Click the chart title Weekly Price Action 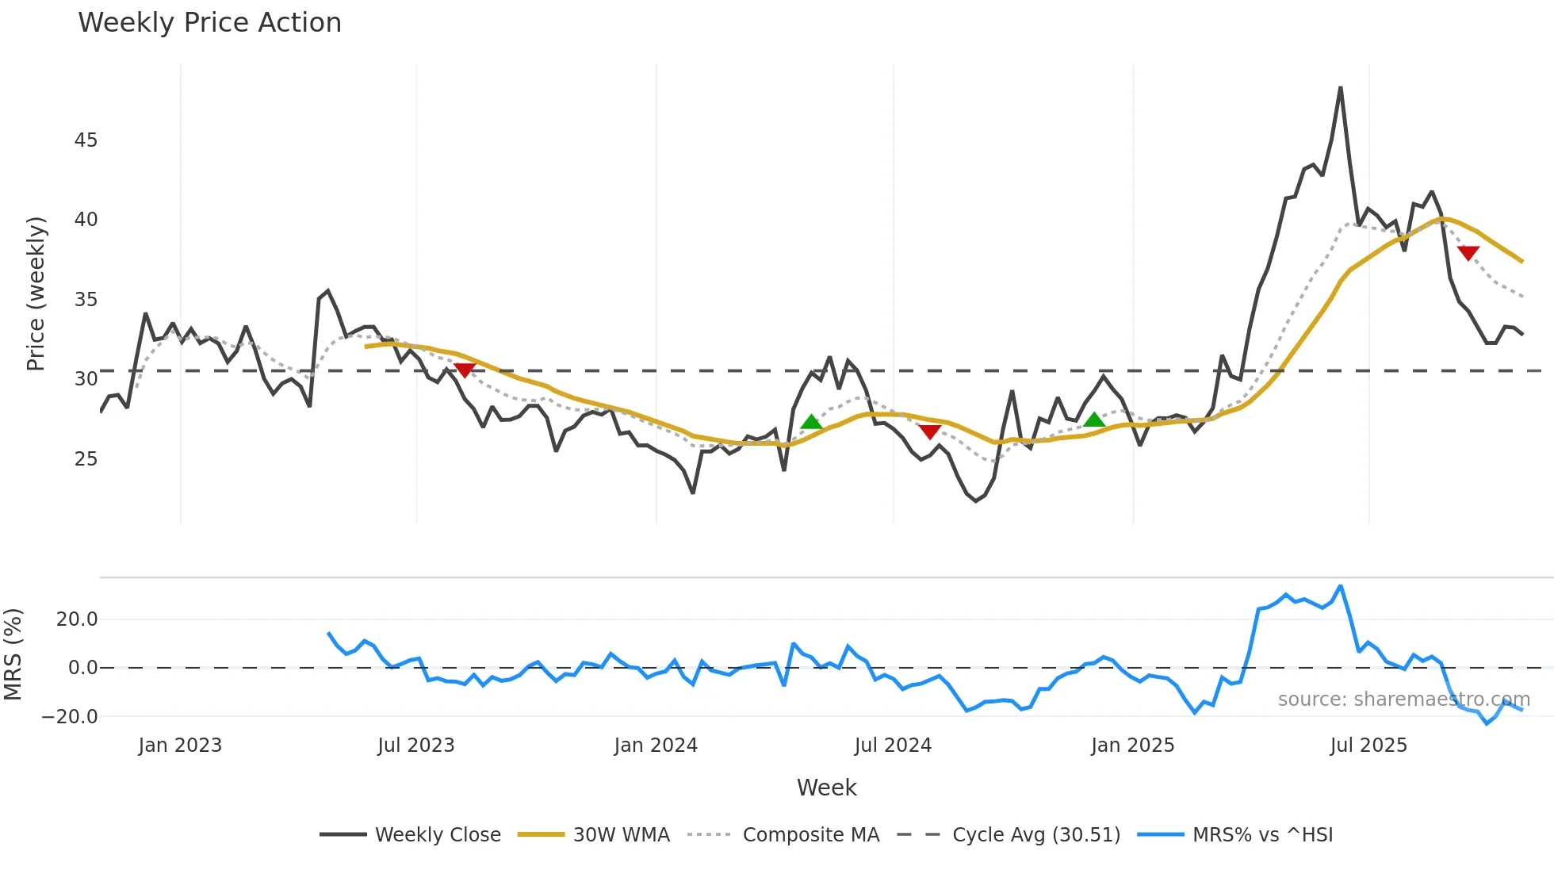[x=209, y=23]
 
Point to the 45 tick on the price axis [x=86, y=140]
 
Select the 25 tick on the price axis [x=86, y=459]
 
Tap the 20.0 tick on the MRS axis [x=77, y=619]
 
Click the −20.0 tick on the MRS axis [x=70, y=717]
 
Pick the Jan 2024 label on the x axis [x=656, y=746]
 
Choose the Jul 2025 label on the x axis [x=1368, y=746]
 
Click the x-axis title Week [x=826, y=788]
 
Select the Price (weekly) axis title [x=36, y=293]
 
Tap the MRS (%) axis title [x=13, y=654]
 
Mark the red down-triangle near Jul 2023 [x=465, y=370]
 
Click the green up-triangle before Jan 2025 [x=1094, y=420]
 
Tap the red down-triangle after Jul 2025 [x=1468, y=253]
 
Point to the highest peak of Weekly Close [x=1341, y=87]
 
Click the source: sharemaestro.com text [x=1403, y=700]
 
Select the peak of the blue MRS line [x=1341, y=586]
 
